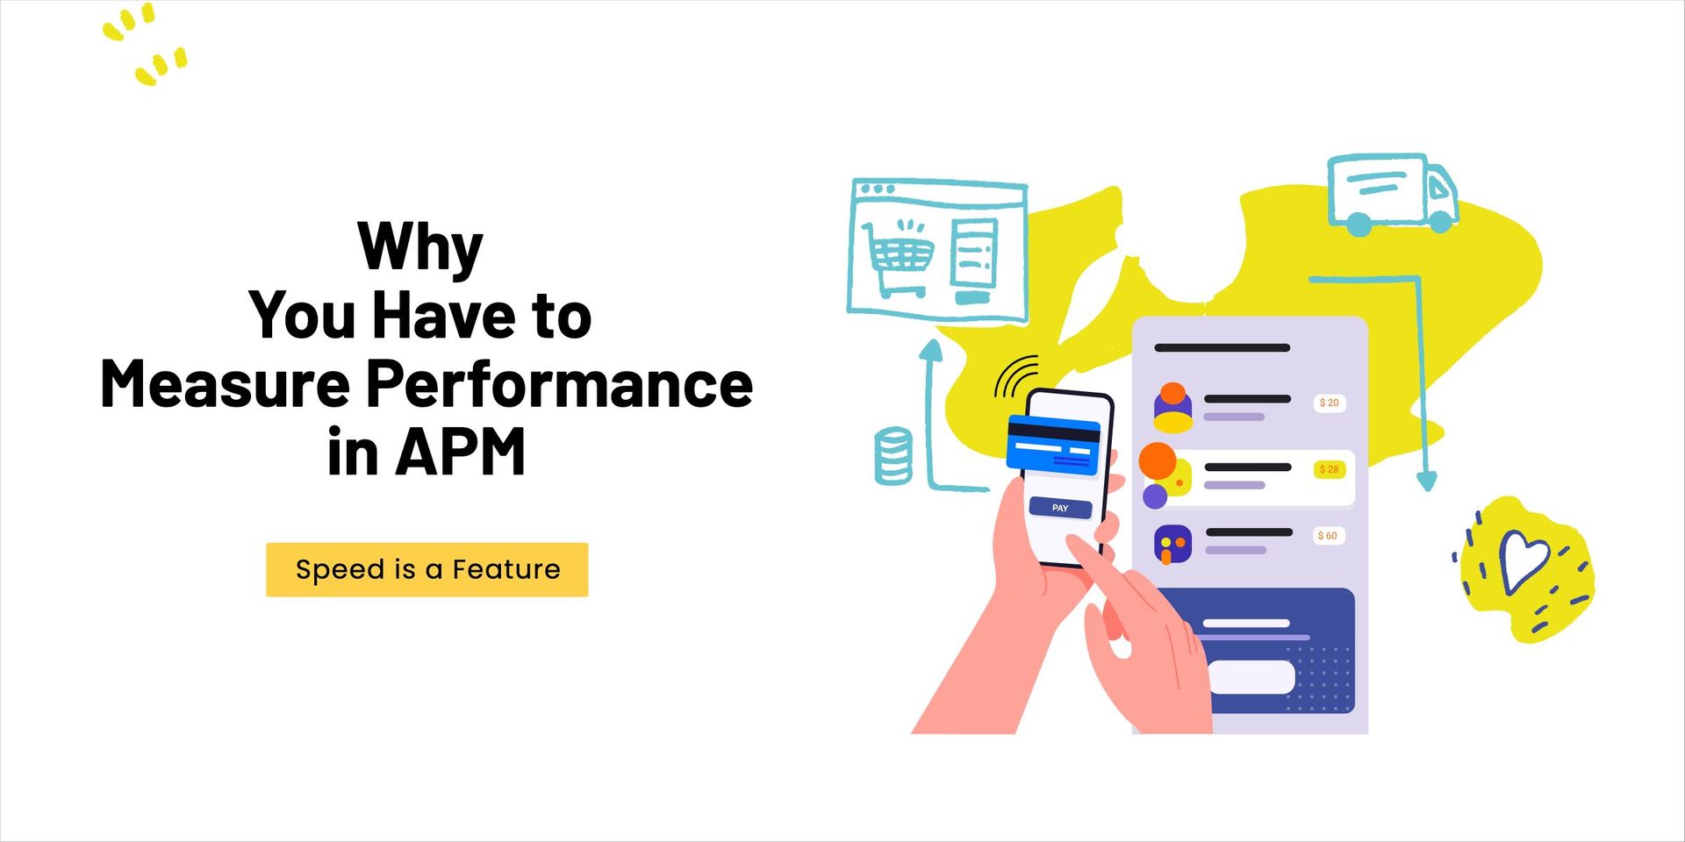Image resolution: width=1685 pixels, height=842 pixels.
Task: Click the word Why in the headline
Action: (x=420, y=246)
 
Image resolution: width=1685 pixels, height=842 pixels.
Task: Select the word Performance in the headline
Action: (x=559, y=384)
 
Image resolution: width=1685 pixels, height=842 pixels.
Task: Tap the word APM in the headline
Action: (x=461, y=452)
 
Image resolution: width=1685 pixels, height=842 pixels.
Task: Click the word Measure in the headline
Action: (x=225, y=384)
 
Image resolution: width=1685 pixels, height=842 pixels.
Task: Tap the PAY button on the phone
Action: (x=1060, y=508)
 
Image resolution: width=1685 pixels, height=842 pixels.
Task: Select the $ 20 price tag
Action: (x=1330, y=403)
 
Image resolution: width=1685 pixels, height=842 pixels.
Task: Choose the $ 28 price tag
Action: (x=1330, y=469)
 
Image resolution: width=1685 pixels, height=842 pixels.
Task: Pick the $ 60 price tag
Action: (x=1328, y=535)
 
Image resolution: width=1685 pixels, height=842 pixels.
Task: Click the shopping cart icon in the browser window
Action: (x=900, y=256)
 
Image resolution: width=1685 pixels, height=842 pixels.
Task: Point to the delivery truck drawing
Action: (x=1391, y=194)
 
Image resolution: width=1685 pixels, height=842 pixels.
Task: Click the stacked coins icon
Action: (x=893, y=455)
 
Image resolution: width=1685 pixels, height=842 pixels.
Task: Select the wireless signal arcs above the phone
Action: (x=1016, y=376)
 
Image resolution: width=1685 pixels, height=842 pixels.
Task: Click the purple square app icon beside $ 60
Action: (x=1172, y=545)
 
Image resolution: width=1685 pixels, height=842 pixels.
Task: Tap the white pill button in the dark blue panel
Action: (x=1251, y=676)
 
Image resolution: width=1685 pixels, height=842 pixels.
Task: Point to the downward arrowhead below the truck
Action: (x=1427, y=481)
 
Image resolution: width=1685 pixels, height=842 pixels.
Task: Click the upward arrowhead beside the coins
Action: (x=930, y=351)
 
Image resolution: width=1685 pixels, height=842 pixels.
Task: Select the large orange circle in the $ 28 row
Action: (x=1158, y=461)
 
